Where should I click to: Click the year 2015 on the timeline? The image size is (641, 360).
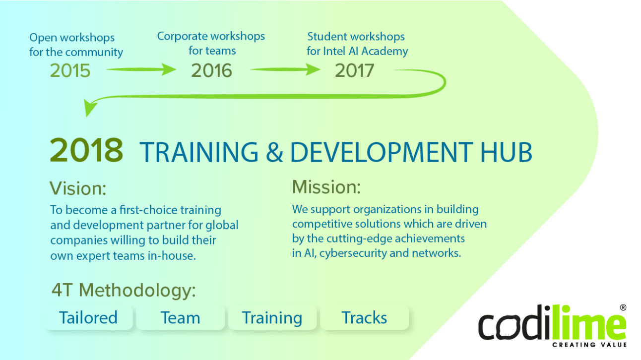point(70,71)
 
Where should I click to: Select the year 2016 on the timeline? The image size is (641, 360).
point(211,70)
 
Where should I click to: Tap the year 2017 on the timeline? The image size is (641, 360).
point(354,70)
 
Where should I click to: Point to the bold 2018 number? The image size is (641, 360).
point(86,150)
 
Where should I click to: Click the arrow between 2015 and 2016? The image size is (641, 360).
point(141,70)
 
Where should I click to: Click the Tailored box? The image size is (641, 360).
point(88,317)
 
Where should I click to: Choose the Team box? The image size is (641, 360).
point(180,317)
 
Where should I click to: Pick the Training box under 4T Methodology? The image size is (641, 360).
point(272,317)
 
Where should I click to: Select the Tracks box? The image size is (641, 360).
point(364,317)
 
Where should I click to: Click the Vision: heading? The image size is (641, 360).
point(78,188)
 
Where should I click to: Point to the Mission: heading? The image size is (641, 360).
point(326,187)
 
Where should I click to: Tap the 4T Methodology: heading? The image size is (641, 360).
point(124,290)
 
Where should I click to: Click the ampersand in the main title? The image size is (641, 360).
point(274,152)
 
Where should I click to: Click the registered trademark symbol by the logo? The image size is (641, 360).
point(623,307)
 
